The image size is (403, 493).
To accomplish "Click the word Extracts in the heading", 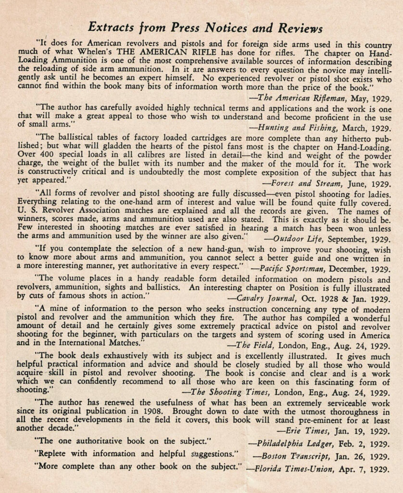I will pos(112,26).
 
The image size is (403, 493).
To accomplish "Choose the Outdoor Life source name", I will pos(295,239).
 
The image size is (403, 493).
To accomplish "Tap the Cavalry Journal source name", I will pos(267,298).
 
